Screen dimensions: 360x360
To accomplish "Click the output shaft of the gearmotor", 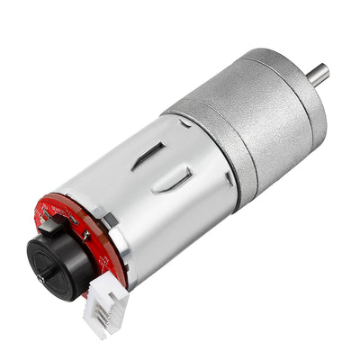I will [317, 74].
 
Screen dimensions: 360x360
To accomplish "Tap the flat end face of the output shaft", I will [324, 70].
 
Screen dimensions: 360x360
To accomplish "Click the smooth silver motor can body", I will [180, 216].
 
